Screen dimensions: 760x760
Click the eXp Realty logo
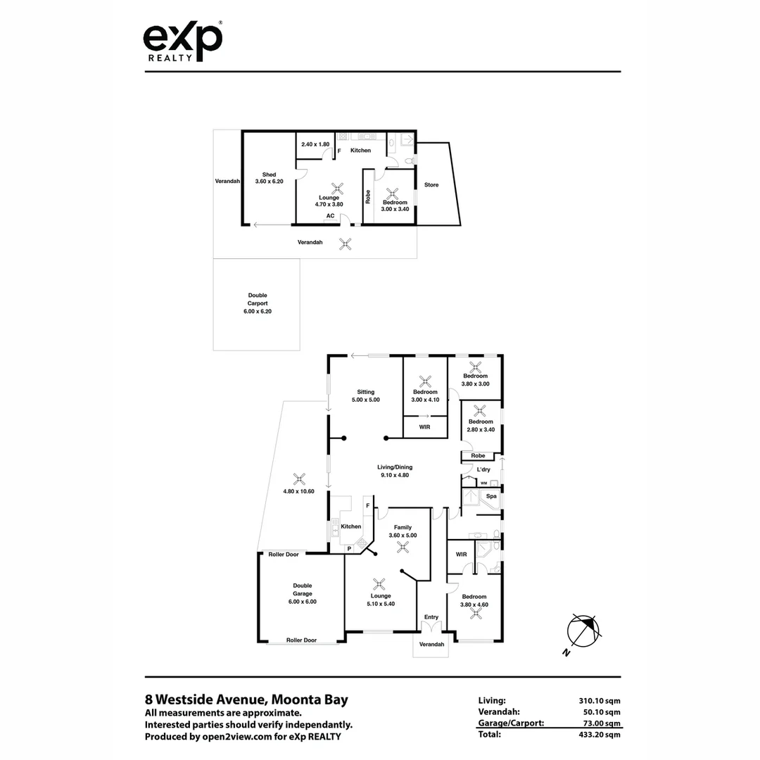[183, 42]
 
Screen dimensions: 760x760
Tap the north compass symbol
[583, 631]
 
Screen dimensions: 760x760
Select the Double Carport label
[258, 302]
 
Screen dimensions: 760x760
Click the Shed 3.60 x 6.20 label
[269, 178]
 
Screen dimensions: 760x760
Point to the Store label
[431, 185]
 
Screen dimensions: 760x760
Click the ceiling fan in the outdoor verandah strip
[345, 243]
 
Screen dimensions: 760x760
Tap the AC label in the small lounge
[329, 216]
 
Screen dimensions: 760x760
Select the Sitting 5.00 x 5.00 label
[365, 395]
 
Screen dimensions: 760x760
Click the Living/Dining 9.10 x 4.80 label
[394, 471]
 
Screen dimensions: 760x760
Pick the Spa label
[492, 496]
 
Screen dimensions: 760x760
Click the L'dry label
[483, 469]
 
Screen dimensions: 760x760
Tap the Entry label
[431, 617]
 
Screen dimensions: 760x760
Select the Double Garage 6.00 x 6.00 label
[302, 593]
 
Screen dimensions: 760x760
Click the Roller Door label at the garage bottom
[301, 640]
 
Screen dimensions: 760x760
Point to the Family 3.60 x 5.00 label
[403, 531]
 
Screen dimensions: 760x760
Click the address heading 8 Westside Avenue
[246, 699]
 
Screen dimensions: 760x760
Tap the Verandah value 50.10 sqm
[599, 711]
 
